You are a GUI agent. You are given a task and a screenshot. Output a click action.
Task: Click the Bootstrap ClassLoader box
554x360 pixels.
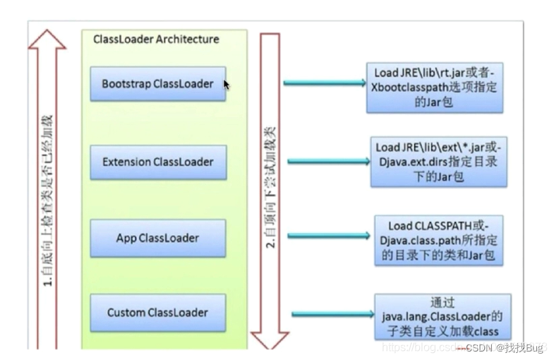tap(158, 84)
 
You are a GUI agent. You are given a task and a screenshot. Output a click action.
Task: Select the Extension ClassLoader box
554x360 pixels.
tap(158, 162)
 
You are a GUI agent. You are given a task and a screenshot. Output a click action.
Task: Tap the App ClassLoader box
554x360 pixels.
tap(158, 238)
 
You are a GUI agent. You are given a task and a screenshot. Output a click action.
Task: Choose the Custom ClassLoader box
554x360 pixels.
tap(158, 313)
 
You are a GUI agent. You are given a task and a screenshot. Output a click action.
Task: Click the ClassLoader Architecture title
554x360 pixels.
tap(156, 39)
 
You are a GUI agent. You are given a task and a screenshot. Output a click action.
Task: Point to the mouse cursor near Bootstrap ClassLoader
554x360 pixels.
tap(227, 85)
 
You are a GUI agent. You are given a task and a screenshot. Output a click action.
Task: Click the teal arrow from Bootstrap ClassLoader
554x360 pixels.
tap(325, 83)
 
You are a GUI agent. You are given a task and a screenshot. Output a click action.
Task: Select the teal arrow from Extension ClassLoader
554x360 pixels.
tap(329, 162)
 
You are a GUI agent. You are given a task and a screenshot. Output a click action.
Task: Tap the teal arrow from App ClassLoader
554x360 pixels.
tap(329, 236)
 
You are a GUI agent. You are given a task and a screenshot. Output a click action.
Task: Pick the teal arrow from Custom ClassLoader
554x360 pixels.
tap(333, 313)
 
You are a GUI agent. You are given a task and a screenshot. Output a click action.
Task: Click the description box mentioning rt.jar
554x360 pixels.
tap(435, 88)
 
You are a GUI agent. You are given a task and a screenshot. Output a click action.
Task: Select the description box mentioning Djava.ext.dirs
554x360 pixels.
tap(439, 162)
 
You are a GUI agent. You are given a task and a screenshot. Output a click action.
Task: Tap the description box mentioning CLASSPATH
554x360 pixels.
tap(439, 240)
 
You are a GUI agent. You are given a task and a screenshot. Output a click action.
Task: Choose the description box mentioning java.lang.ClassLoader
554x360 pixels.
tap(442, 317)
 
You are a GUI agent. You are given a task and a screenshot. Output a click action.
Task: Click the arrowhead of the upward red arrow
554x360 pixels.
tap(47, 40)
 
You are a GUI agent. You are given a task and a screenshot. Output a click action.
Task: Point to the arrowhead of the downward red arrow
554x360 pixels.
tap(270, 340)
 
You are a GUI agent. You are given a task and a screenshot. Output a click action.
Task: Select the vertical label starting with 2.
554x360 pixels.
tap(270, 187)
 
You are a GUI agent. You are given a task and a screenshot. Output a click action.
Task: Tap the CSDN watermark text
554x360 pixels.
tap(504, 347)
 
